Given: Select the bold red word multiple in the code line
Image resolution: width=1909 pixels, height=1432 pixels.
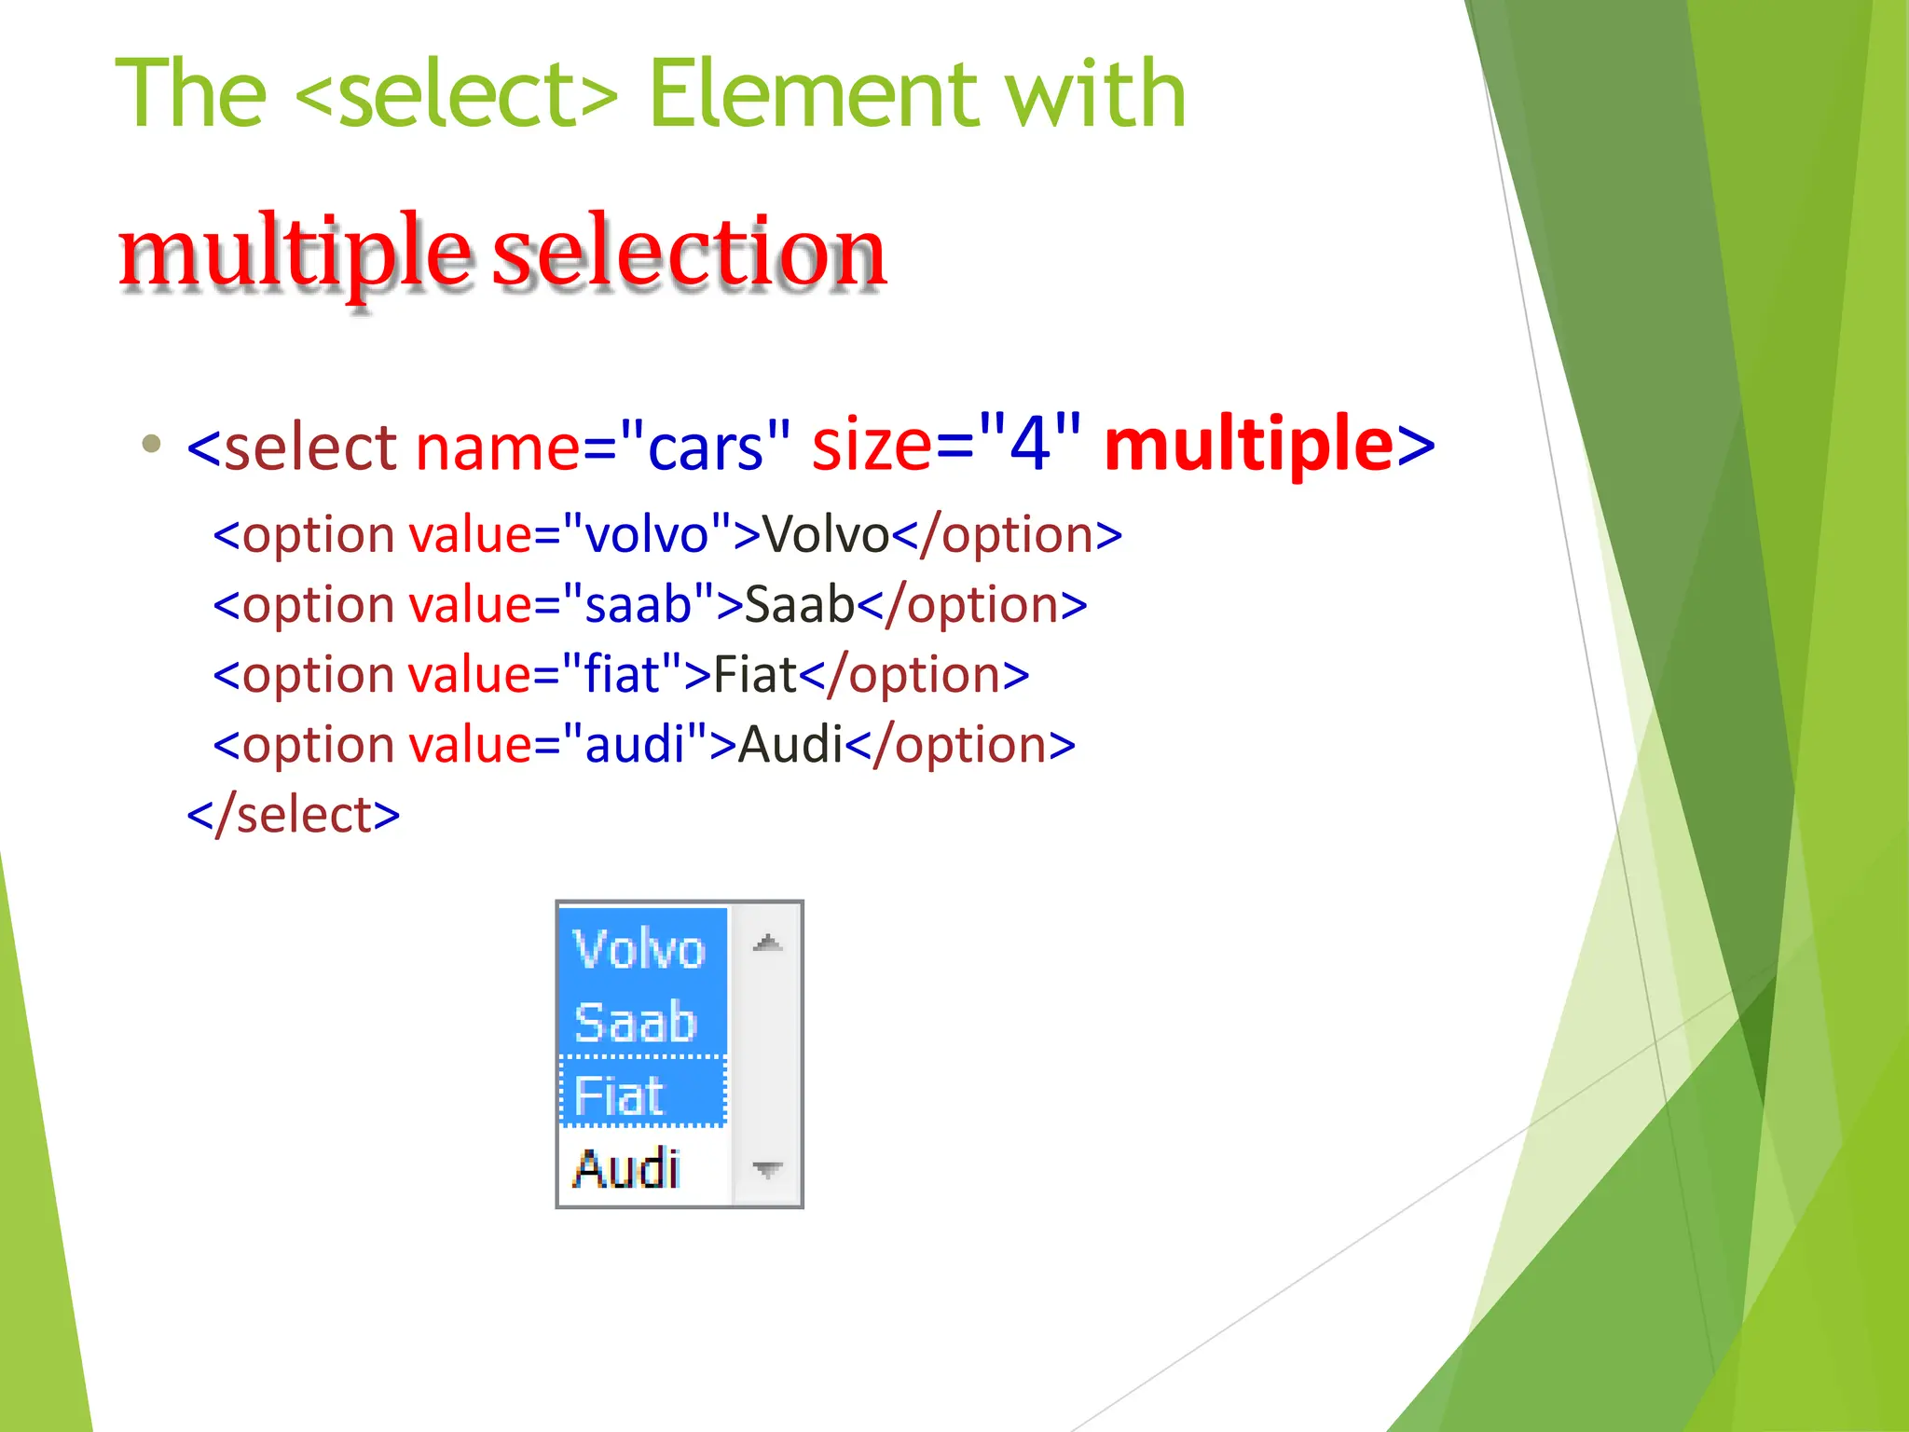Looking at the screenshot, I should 1249,445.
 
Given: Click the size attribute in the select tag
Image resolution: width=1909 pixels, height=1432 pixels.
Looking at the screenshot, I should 871,445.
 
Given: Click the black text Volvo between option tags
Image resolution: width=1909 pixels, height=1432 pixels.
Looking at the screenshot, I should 826,535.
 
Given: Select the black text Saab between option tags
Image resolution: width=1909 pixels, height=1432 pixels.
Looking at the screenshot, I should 799,605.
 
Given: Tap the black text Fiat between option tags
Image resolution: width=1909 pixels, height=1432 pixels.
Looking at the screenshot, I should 755,675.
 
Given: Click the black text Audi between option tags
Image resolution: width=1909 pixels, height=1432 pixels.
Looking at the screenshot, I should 790,745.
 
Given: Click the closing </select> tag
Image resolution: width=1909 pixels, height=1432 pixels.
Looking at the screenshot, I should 294,815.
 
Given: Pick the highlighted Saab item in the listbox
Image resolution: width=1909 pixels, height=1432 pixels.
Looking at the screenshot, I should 638,1022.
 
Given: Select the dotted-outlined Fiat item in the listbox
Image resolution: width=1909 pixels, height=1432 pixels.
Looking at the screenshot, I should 641,1094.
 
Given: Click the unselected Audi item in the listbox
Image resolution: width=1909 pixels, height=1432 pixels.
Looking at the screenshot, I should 628,1167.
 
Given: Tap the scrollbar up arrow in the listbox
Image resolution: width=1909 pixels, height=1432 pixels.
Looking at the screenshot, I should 767,943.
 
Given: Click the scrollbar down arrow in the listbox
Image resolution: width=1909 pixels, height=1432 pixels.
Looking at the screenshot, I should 767,1169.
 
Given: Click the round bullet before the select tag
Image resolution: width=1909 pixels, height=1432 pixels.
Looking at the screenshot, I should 151,443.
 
